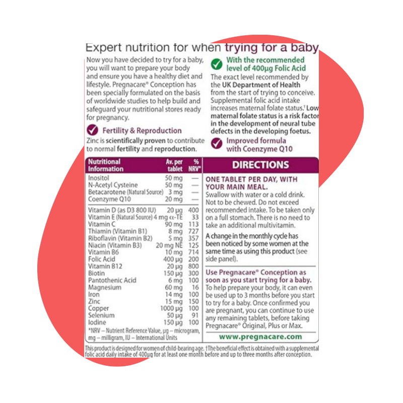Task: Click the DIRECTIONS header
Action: pos(260,165)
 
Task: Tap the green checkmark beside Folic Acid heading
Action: pos(217,64)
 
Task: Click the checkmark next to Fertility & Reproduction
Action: pos(93,130)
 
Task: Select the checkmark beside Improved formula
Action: pos(217,144)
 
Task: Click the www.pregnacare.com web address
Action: pos(260,337)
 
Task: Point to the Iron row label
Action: pos(94,294)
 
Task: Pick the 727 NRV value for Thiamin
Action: pos(193,231)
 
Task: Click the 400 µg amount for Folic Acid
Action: pos(173,259)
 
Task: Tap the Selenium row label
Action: pos(101,315)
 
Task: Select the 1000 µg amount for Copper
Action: pos(171,308)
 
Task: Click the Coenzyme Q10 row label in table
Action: pos(109,199)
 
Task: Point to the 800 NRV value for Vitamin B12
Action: pos(193,266)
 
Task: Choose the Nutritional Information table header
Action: pos(106,165)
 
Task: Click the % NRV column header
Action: pos(194,165)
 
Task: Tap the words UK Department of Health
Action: pos(261,85)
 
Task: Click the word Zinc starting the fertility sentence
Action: pos(93,141)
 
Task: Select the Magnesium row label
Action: pos(105,287)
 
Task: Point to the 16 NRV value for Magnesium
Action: pos(195,287)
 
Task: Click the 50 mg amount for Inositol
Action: pos(174,178)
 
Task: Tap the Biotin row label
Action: pos(96,273)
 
